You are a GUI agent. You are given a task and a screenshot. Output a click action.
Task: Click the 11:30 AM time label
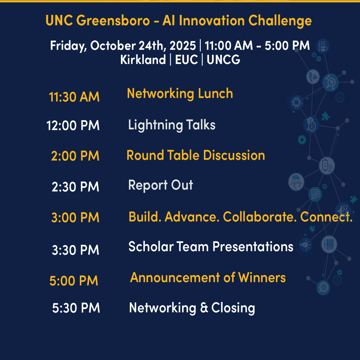tap(74, 97)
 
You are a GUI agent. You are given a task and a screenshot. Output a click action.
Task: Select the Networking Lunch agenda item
tap(180, 94)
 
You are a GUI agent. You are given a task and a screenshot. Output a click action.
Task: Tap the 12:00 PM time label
tap(73, 126)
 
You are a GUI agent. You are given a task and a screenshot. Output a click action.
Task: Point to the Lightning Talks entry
tap(172, 125)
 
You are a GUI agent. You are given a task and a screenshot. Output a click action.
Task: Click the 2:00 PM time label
tap(75, 156)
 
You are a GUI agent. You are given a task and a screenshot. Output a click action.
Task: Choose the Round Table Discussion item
tap(196, 155)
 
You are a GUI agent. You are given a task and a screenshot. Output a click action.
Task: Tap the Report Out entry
tap(161, 185)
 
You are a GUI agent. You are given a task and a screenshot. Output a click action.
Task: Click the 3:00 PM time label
tap(75, 217)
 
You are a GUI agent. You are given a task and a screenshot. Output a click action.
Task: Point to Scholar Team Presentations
tap(211, 246)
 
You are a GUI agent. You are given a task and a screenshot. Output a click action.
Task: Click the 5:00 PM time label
tap(74, 281)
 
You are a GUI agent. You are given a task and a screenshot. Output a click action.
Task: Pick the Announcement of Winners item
tap(208, 278)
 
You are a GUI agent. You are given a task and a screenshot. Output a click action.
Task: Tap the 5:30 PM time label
tap(76, 308)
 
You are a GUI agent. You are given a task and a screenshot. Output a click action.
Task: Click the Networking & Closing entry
tap(192, 308)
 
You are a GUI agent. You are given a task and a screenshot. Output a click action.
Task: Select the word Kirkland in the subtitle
tap(143, 60)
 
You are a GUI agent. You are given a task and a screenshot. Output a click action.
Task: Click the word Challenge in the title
tap(280, 21)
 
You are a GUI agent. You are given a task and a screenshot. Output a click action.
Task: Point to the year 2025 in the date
tap(183, 45)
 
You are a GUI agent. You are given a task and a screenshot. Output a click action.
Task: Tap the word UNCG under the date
tap(223, 60)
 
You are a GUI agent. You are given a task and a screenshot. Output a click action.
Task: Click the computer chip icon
tap(296, 102)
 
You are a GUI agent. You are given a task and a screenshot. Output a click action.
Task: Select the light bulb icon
tap(305, 245)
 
